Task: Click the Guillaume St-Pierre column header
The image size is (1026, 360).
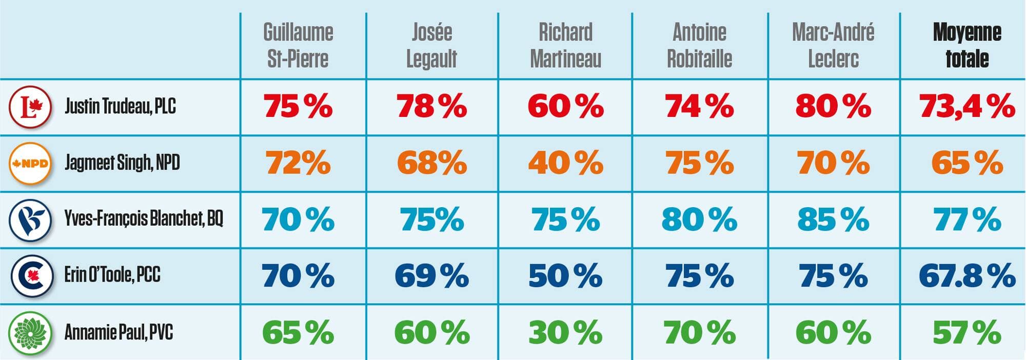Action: point(298,45)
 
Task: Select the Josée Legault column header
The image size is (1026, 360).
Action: point(431,45)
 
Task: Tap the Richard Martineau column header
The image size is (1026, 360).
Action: point(565,45)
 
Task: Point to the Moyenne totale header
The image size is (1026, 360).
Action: point(967,45)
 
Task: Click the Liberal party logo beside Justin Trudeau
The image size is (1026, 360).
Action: point(31,106)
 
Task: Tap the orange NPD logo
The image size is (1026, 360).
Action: point(31,163)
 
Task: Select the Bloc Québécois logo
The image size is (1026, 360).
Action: point(31,219)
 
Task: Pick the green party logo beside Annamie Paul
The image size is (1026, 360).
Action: point(31,332)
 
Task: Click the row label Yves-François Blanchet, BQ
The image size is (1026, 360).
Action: point(144,218)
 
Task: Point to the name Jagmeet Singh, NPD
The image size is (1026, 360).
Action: point(122,163)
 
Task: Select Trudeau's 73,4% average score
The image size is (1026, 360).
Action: point(967,106)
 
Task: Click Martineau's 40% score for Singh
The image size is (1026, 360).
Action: point(565,163)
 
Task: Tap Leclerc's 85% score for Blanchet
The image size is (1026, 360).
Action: point(833,219)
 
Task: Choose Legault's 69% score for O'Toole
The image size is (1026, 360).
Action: point(431,275)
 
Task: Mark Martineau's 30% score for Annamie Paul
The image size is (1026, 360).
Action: point(565,332)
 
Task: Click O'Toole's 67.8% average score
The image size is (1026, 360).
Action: point(967,275)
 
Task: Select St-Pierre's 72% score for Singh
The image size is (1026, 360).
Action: point(298,163)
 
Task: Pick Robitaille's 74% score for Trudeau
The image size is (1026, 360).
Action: point(699,106)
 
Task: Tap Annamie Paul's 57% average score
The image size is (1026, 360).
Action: point(967,332)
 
